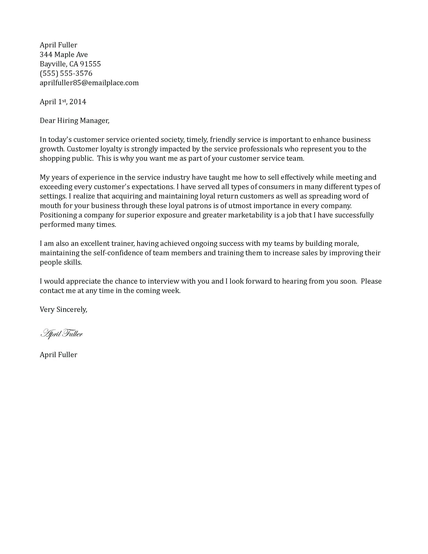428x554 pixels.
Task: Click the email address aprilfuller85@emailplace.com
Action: coord(89,83)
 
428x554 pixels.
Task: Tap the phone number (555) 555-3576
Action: coord(66,73)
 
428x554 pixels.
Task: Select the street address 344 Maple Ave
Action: coord(64,55)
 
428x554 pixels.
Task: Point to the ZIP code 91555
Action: coord(90,64)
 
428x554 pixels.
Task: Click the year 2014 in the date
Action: coord(78,102)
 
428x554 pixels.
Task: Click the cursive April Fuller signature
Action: coord(61,334)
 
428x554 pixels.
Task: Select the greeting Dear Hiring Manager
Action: coord(74,121)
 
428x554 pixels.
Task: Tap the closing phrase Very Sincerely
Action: coord(63,309)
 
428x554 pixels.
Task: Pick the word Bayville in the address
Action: coord(53,64)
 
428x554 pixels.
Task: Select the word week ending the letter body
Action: coord(172,291)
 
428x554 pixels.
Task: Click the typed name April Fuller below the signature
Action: coord(58,355)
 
